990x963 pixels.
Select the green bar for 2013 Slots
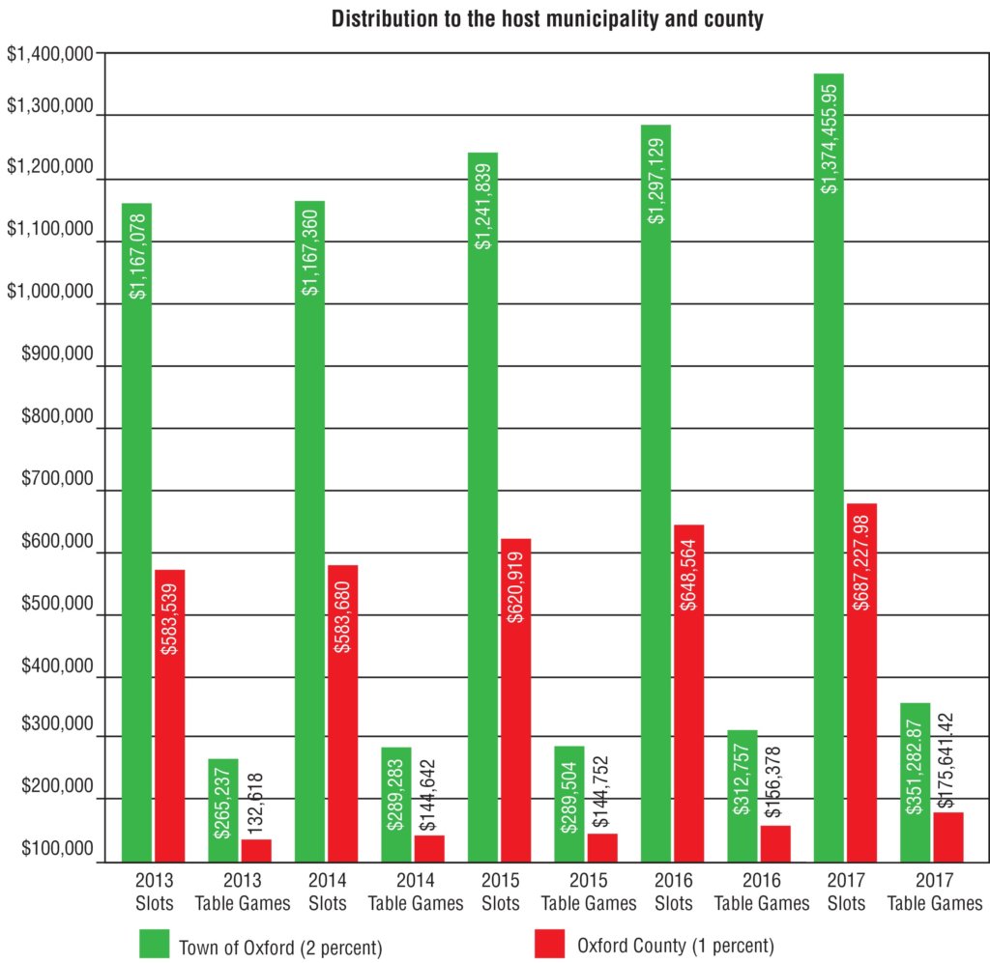pos(136,531)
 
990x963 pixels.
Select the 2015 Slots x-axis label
pos(500,893)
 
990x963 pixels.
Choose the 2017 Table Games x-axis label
pos(935,893)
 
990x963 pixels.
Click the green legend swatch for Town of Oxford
pos(156,944)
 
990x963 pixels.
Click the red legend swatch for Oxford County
pos(550,944)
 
